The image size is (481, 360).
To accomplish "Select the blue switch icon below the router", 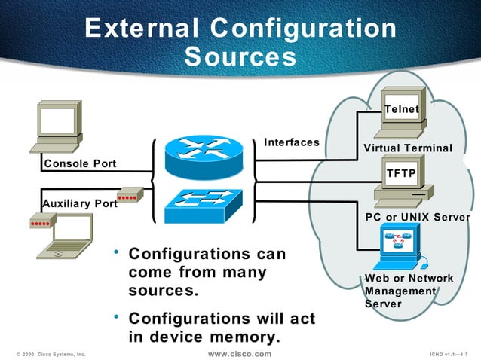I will pyautogui.click(x=204, y=203).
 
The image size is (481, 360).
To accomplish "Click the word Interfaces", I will pyautogui.click(x=291, y=142).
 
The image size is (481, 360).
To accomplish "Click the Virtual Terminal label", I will pyautogui.click(x=408, y=148).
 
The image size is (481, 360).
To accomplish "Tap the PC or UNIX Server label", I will pyautogui.click(x=417, y=218).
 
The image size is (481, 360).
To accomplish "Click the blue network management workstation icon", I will pyautogui.click(x=400, y=249).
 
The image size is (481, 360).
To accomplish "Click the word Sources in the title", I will pyautogui.click(x=240, y=56).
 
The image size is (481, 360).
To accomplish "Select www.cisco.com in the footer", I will pyautogui.click(x=239, y=353).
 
